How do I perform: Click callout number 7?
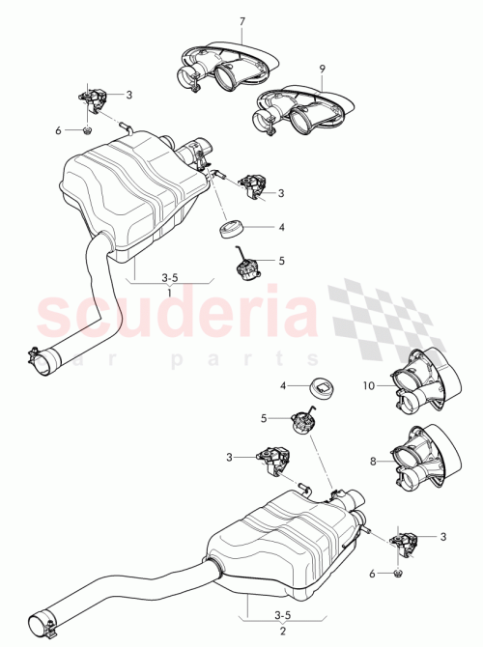pyautogui.click(x=241, y=21)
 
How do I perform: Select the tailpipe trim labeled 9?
pyautogui.click(x=299, y=109)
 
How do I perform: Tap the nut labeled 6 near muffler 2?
pyautogui.click(x=398, y=575)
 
